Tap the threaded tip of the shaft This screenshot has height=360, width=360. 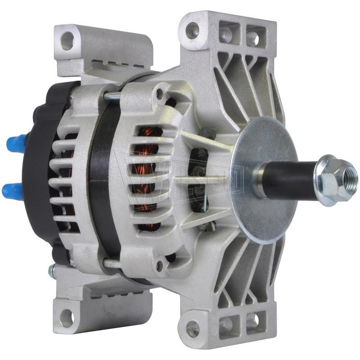[350, 173]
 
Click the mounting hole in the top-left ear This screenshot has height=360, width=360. [67, 40]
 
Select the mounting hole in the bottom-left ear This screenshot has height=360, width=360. [66, 317]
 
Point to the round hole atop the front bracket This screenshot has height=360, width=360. [192, 30]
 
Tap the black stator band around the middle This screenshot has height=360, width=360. [101, 180]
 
